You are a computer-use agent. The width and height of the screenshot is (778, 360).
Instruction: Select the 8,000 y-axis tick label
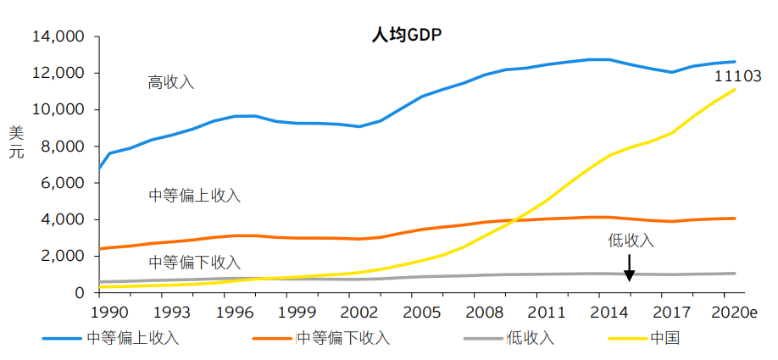[x=61, y=147]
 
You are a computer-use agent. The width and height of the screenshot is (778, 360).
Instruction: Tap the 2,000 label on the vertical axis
[x=61, y=256]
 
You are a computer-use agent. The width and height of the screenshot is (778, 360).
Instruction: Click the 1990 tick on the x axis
[x=101, y=311]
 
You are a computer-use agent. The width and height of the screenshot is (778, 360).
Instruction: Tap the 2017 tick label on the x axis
[x=675, y=311]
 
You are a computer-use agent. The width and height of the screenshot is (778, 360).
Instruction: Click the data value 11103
[x=738, y=76]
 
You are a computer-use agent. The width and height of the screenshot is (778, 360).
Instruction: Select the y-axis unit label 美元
[x=16, y=141]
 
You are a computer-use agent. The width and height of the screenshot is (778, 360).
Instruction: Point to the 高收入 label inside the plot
[x=171, y=82]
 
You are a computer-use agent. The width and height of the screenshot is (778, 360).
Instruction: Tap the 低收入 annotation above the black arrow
[x=631, y=240]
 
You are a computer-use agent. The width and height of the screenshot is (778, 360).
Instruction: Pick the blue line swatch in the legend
[x=63, y=339]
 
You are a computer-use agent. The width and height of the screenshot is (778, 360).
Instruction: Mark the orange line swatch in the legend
[x=273, y=339]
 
